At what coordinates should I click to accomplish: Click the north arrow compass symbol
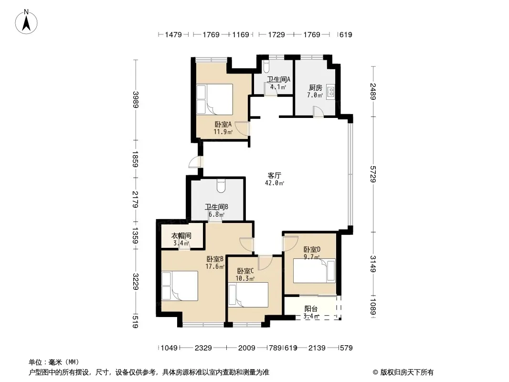tap(26, 21)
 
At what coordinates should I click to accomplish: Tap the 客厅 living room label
tap(274, 175)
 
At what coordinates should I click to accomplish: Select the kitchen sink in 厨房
tap(330, 91)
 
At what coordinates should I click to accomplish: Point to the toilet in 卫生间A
tap(266, 67)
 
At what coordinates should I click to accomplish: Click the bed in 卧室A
tap(214, 99)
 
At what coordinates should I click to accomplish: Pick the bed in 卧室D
tap(314, 271)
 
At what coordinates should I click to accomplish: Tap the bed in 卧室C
tap(248, 295)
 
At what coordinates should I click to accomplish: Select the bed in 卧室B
tap(180, 286)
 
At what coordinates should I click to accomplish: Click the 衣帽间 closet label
tap(181, 235)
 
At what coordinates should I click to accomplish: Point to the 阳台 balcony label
tap(311, 308)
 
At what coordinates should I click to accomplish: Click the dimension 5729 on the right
tap(373, 174)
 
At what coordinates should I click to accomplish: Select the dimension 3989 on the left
tap(136, 100)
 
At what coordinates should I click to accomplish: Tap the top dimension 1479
tap(173, 34)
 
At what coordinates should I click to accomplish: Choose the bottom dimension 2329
tap(203, 348)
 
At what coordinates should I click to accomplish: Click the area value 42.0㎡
tap(275, 183)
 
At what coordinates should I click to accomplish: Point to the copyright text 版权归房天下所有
tap(407, 372)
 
